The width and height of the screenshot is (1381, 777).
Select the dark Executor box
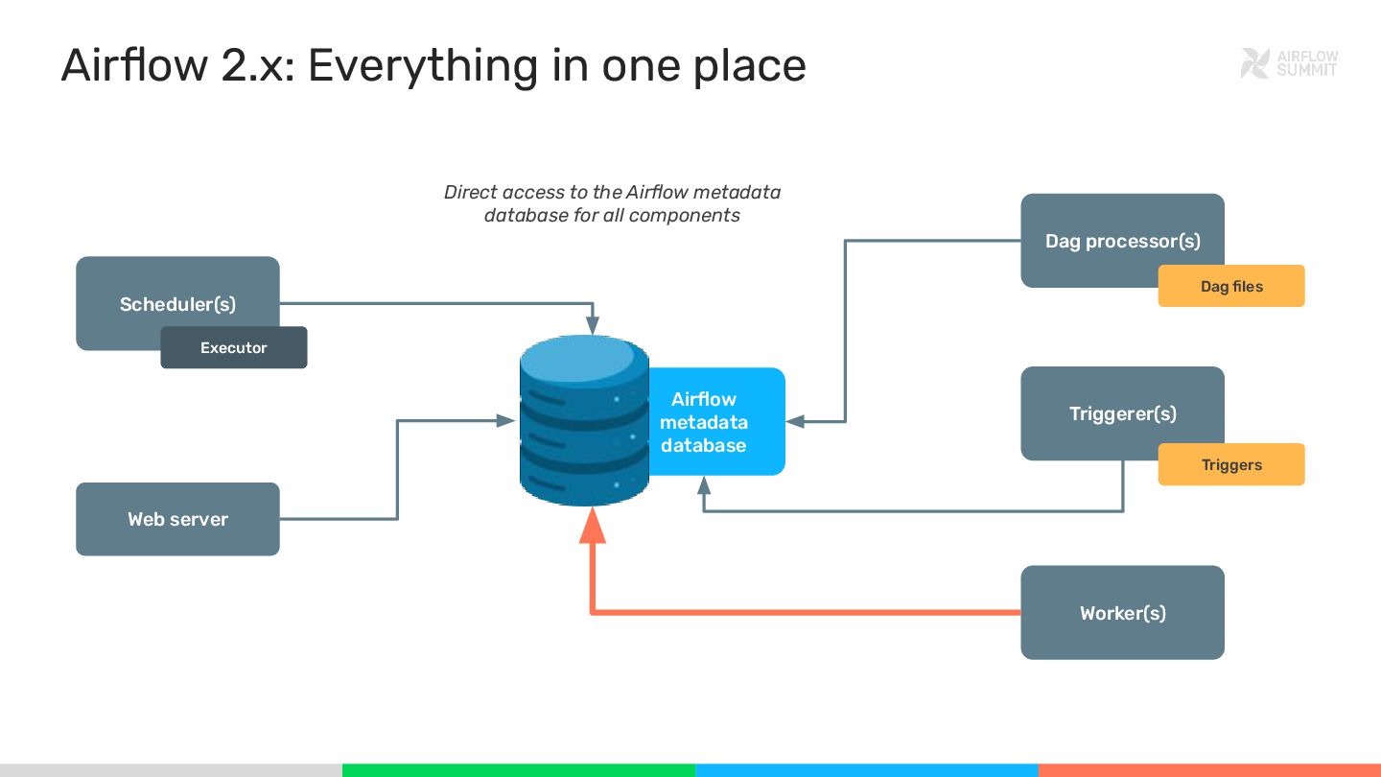[233, 348]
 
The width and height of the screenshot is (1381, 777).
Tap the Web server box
[177, 519]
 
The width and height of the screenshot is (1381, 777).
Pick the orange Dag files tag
[1231, 286]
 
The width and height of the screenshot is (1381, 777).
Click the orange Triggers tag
[1231, 465]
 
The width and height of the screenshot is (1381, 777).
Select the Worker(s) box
[1122, 612]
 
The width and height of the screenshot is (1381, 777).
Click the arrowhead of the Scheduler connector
[594, 326]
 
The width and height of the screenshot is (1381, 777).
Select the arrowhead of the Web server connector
[507, 420]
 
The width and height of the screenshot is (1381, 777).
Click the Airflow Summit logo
[1288, 63]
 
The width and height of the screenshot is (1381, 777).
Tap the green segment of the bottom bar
[518, 769]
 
